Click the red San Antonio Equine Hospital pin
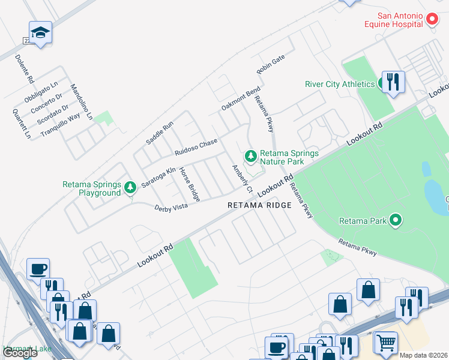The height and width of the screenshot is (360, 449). (432, 20)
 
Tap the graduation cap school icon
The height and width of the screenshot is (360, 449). (40, 33)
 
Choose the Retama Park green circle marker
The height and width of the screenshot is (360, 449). (395, 221)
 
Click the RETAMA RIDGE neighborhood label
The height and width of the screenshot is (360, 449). (259, 205)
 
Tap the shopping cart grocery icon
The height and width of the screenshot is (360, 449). (385, 343)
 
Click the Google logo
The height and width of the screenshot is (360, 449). (20, 353)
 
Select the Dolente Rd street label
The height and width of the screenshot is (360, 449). (25, 69)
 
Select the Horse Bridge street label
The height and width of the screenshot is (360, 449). (190, 184)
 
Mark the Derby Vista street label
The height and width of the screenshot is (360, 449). (171, 208)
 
